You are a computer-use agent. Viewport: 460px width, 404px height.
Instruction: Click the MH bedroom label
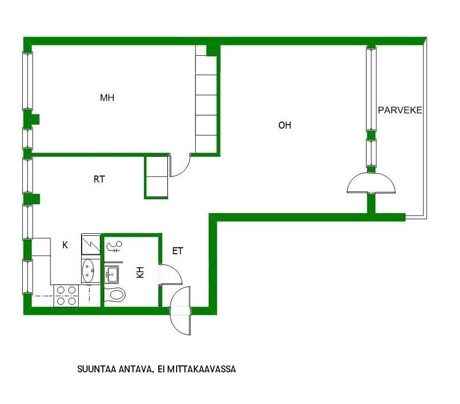pos(107,97)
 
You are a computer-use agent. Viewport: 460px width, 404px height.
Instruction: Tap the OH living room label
pos(284,125)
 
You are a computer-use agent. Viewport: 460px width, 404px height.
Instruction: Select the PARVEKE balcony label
pos(400,110)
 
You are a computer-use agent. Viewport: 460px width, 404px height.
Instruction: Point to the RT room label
pos(99,179)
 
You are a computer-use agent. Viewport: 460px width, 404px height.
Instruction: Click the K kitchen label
pos(65,245)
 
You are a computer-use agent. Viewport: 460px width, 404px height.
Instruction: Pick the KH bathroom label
pos(140,272)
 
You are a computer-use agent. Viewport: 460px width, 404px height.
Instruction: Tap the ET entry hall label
pos(178,251)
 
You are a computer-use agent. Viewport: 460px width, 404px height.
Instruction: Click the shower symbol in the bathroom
pos(114,246)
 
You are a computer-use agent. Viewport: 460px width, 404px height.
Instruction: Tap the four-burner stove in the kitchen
pos(66,296)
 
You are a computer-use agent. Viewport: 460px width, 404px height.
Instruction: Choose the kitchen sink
pos(88,270)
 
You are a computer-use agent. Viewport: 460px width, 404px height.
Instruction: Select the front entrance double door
pos(181,311)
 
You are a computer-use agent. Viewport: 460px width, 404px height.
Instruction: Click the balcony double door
pos(371,182)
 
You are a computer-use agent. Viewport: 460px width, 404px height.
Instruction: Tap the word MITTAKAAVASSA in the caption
pos(201,369)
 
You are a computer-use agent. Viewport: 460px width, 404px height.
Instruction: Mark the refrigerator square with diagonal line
pos(91,244)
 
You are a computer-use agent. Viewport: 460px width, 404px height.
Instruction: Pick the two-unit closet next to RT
pos(157,177)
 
